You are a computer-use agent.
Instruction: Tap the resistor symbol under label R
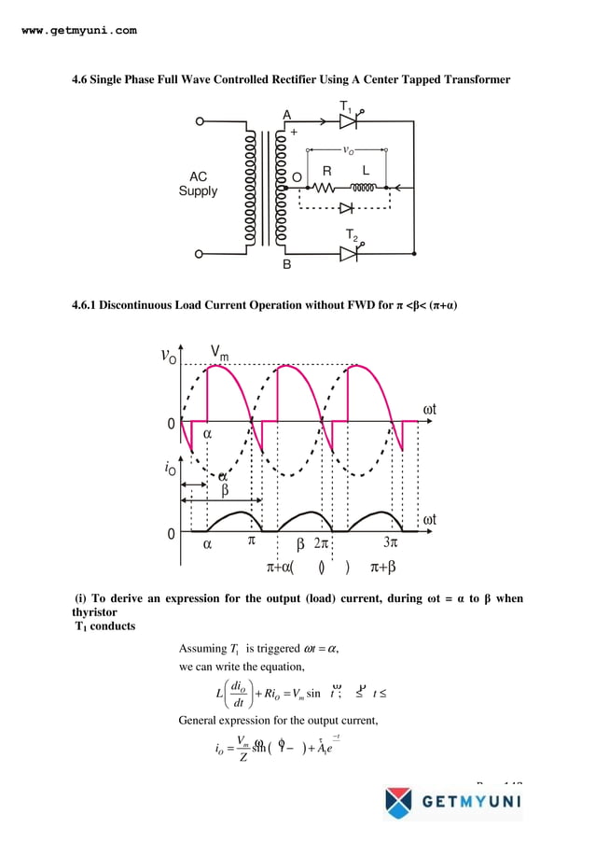tap(326, 187)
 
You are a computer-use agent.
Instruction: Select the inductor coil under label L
tap(364, 187)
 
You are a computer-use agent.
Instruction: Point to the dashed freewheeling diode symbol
tap(346, 208)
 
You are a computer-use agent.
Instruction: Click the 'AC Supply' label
tap(198, 184)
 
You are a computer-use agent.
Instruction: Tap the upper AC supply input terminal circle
tap(198, 121)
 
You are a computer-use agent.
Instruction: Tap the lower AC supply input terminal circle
tap(198, 253)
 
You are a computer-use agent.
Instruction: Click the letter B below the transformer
tap(287, 265)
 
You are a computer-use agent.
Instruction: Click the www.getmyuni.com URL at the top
tap(78, 30)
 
